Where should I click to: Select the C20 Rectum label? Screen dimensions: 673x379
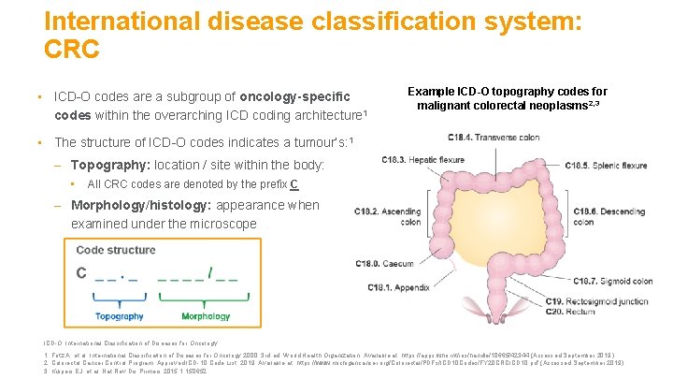(x=571, y=311)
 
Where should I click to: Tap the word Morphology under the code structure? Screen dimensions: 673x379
(x=206, y=316)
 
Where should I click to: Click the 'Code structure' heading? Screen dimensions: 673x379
(x=116, y=250)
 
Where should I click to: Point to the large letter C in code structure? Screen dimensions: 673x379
(x=81, y=273)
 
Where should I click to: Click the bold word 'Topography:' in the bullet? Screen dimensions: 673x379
(x=110, y=165)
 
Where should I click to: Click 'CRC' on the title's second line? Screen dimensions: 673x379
(x=71, y=49)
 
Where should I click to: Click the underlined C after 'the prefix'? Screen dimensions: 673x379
(x=294, y=183)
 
